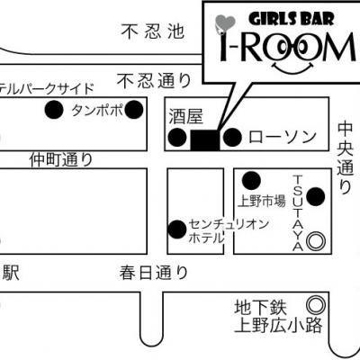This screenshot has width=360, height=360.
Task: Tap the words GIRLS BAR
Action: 292,20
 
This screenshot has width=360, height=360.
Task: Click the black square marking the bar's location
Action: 205,140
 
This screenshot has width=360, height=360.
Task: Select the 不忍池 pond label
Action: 153,31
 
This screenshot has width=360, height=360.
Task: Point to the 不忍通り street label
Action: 155,81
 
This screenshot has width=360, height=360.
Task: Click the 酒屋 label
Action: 186,116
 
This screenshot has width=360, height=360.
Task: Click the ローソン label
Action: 283,138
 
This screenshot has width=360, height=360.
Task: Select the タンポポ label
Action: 97,110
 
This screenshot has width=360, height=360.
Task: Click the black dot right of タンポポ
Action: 134,110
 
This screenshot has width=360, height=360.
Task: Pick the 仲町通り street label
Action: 61,159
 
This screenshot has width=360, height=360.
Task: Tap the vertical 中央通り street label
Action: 345,157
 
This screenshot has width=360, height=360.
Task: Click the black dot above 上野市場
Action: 251,181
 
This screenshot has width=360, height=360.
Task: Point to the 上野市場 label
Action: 262,201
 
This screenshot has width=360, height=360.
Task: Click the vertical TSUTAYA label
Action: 298,213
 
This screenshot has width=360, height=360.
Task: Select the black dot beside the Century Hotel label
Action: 177,229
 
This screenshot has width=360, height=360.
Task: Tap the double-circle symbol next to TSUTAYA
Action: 316,241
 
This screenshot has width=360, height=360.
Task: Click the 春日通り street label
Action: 154,273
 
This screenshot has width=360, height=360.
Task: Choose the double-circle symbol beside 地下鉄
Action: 316,305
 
